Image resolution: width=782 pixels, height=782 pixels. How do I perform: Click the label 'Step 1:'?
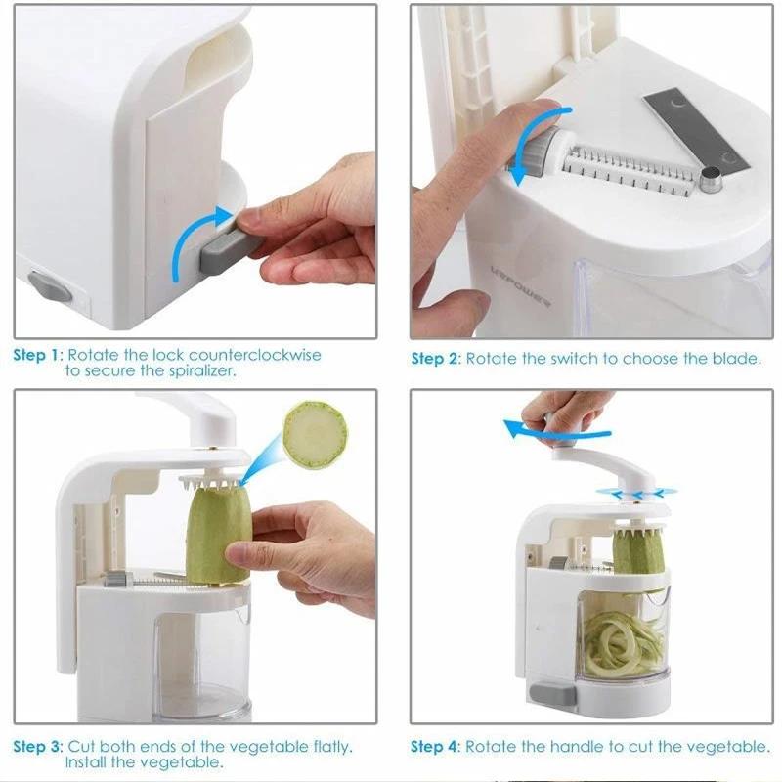point(37,355)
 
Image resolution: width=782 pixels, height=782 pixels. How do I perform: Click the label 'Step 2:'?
point(435,359)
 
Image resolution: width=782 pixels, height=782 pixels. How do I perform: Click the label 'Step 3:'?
point(37,747)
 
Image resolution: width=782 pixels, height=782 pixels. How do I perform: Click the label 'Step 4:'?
point(435,747)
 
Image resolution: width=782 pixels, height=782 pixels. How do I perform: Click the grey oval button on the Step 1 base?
point(50,286)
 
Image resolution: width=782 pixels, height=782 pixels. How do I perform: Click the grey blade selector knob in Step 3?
point(115,582)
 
